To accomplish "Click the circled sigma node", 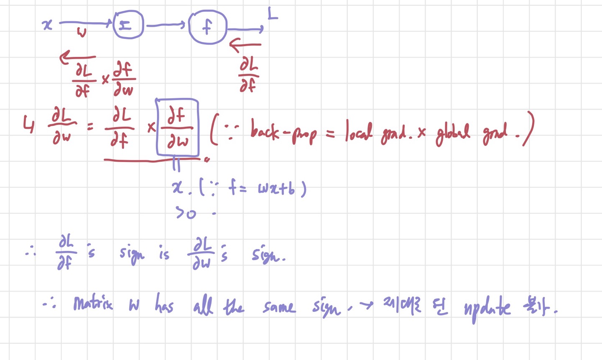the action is [128, 25].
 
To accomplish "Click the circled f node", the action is [207, 27].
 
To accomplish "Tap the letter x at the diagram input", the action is [48, 25].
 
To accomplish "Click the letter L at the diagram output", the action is [272, 15].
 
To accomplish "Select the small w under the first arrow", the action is [82, 33].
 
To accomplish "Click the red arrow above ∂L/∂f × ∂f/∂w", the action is [78, 57].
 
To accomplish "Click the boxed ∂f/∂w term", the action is [177, 128].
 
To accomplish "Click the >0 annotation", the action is [186, 213].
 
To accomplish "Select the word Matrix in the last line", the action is [93, 303].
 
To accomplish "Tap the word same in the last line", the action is [279, 307].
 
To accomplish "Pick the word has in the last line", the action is [164, 304].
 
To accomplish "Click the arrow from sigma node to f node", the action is [165, 26].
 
